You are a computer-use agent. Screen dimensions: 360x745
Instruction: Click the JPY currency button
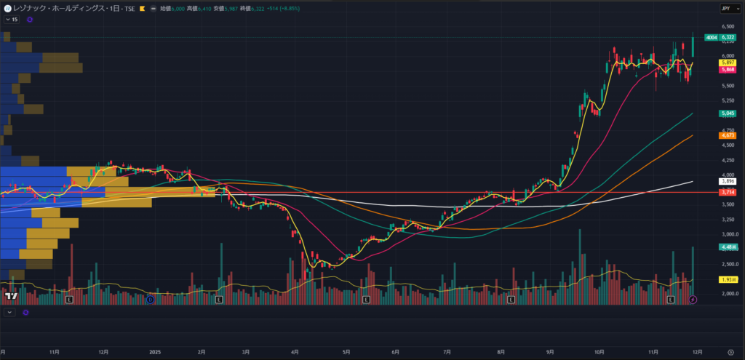727,8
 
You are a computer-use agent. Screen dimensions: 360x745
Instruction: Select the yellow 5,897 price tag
726,63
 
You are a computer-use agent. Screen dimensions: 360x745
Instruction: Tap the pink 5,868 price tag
726,70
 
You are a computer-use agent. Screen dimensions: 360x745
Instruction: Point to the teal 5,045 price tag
726,113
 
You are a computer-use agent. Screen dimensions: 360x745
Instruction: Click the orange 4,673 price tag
726,135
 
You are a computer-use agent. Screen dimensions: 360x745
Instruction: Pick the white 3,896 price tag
726,181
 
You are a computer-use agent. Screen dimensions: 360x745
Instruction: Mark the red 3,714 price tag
726,192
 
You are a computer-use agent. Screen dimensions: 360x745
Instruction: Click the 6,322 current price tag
726,37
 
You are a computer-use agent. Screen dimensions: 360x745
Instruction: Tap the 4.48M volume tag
726,247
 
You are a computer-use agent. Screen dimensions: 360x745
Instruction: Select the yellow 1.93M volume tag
726,279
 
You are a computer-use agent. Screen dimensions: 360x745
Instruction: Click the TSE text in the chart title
130,8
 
